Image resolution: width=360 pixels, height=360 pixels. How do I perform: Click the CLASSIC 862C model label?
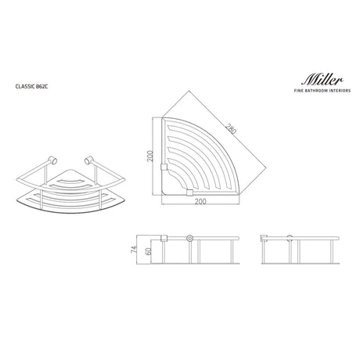(x=31, y=86)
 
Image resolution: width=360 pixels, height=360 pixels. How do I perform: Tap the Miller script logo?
(x=322, y=80)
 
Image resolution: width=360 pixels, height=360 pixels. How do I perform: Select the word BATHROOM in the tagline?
(x=318, y=91)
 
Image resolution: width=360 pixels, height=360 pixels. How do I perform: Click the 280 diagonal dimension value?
(x=231, y=129)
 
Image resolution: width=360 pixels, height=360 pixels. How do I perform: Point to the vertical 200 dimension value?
(x=150, y=156)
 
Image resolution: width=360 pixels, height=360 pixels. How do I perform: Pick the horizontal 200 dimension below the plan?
(x=200, y=201)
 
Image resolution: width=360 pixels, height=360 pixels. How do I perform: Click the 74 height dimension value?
(x=134, y=249)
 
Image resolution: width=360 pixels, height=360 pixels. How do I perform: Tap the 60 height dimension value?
(x=148, y=251)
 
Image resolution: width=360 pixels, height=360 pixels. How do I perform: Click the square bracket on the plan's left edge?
(x=164, y=167)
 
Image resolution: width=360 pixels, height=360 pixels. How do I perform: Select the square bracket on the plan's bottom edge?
(x=189, y=193)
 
